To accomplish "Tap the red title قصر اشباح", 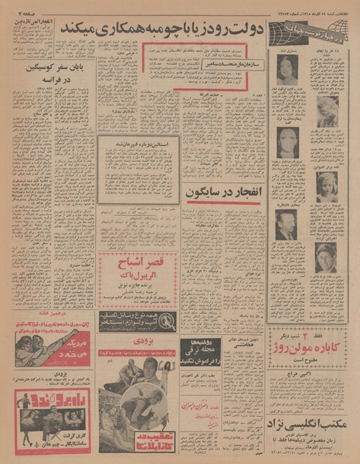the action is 138,254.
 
